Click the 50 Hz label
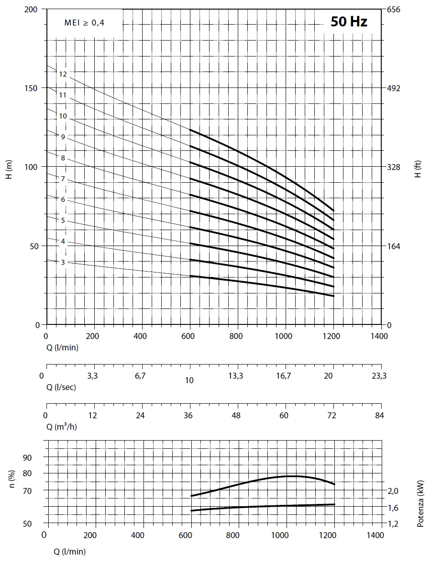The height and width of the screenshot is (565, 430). point(349,21)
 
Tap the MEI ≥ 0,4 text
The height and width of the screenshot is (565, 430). point(84,23)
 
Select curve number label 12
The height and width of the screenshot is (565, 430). point(63,74)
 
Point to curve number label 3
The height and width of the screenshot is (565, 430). point(63,262)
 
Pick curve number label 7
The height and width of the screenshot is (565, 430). point(63,179)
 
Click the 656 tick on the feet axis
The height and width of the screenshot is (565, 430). point(393,9)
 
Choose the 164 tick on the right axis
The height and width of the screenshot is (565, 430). point(393,246)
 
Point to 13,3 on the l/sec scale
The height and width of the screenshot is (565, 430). point(236,376)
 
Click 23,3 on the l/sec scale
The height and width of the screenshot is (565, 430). point(379,376)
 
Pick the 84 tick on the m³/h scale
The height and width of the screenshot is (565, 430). point(379,415)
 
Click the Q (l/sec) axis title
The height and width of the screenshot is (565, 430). point(61,387)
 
